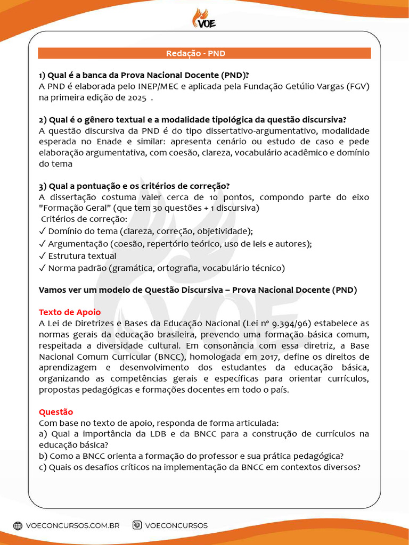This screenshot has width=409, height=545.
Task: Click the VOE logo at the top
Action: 204,18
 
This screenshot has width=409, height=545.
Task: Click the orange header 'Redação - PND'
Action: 204,53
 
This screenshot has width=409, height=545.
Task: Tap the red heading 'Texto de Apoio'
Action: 70,312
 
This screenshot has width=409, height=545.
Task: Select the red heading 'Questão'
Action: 56,412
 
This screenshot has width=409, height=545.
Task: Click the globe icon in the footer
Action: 18,525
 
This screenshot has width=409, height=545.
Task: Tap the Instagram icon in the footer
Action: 137,525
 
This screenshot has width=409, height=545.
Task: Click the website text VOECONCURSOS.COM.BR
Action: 72,525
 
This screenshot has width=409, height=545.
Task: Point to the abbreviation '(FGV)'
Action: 358,86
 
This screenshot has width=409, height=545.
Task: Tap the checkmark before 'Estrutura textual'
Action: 43,256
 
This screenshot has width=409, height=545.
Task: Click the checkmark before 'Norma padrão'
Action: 43,268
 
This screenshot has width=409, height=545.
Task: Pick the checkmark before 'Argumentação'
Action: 43,244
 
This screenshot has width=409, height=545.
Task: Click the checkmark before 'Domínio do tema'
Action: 43,232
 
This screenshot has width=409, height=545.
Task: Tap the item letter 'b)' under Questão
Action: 43,456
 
